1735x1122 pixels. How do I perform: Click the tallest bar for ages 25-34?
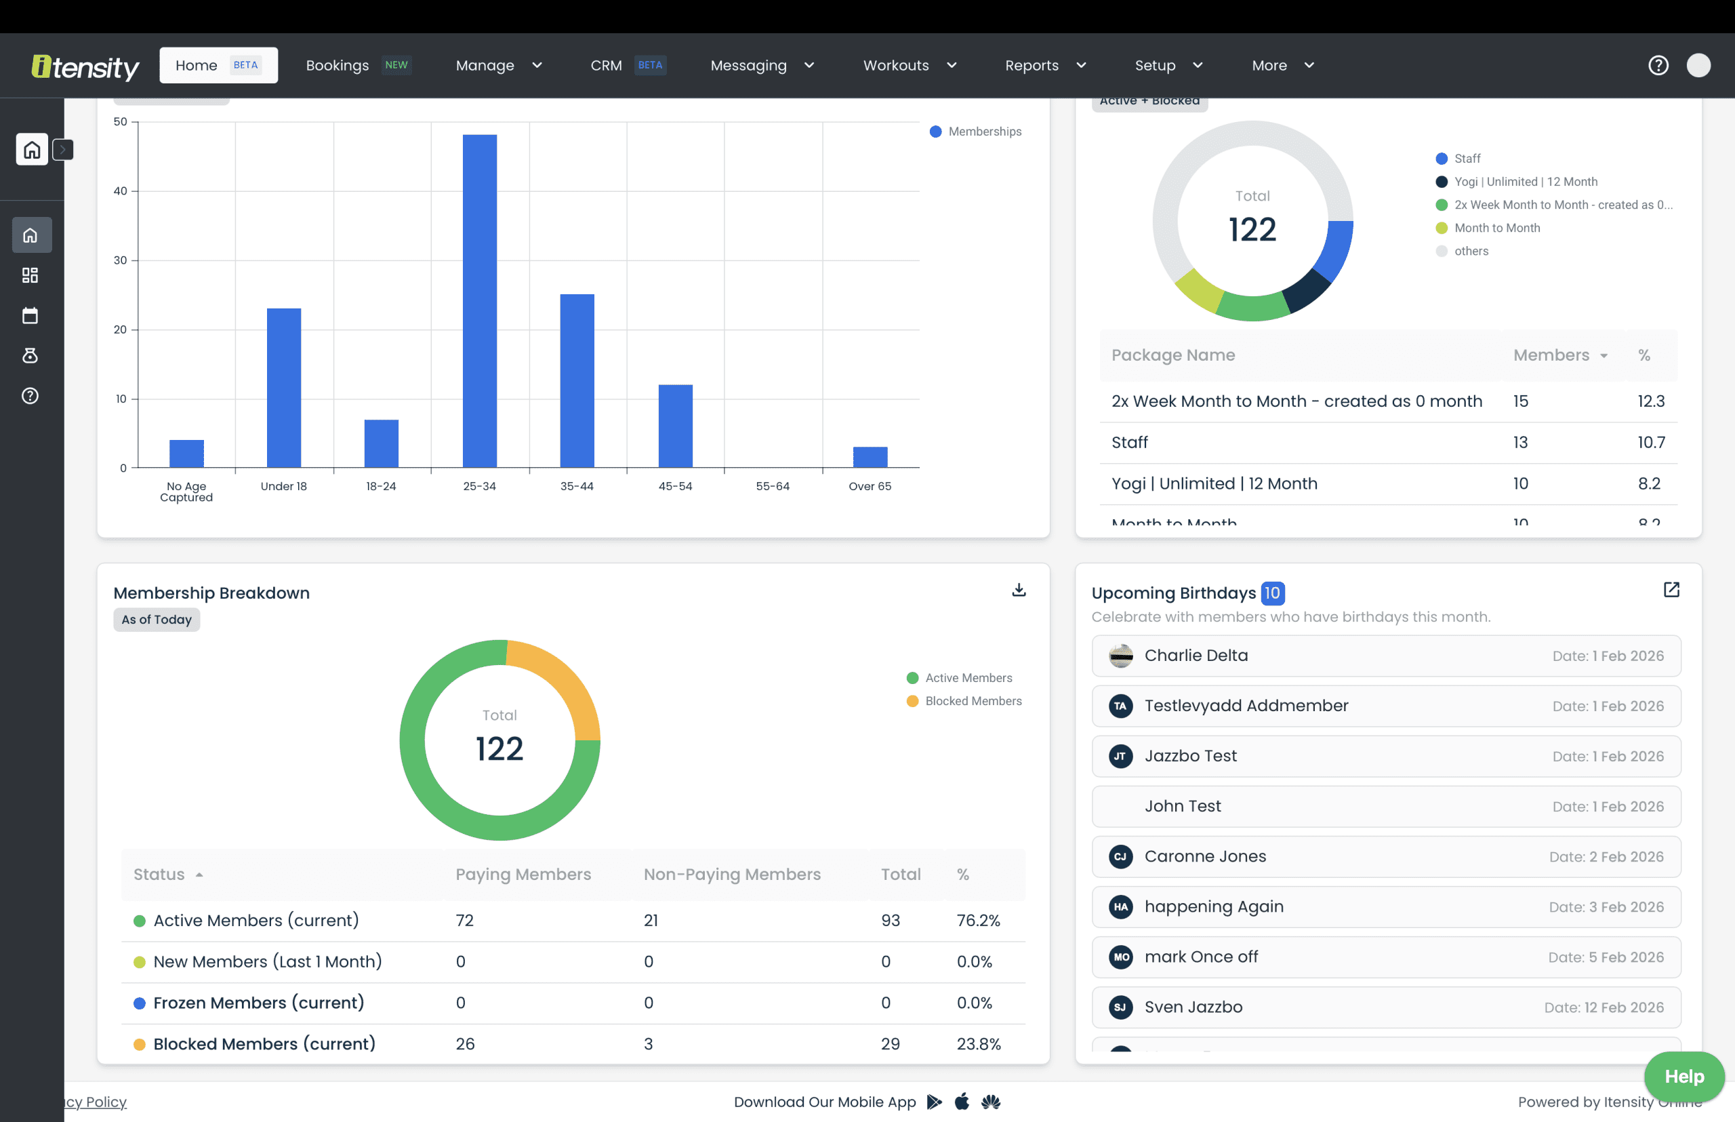point(479,300)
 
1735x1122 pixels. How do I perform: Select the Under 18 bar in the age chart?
point(283,388)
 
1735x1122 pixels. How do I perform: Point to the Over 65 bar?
point(870,457)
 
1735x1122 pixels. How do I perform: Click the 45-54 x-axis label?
point(674,486)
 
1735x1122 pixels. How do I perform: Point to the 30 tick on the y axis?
point(120,260)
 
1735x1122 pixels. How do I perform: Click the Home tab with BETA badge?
point(218,66)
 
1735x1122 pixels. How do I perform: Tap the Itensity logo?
point(85,67)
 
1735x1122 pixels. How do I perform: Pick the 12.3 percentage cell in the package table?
point(1650,401)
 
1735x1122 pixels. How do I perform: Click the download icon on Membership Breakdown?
point(1018,589)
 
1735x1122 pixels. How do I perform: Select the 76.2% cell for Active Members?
point(977,920)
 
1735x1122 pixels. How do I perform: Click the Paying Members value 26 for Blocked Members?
point(465,1043)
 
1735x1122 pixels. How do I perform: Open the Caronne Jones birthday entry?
point(1385,857)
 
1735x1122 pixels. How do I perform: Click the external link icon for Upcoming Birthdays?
point(1671,589)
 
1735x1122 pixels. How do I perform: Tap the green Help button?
point(1683,1076)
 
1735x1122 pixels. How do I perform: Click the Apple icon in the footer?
point(962,1102)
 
